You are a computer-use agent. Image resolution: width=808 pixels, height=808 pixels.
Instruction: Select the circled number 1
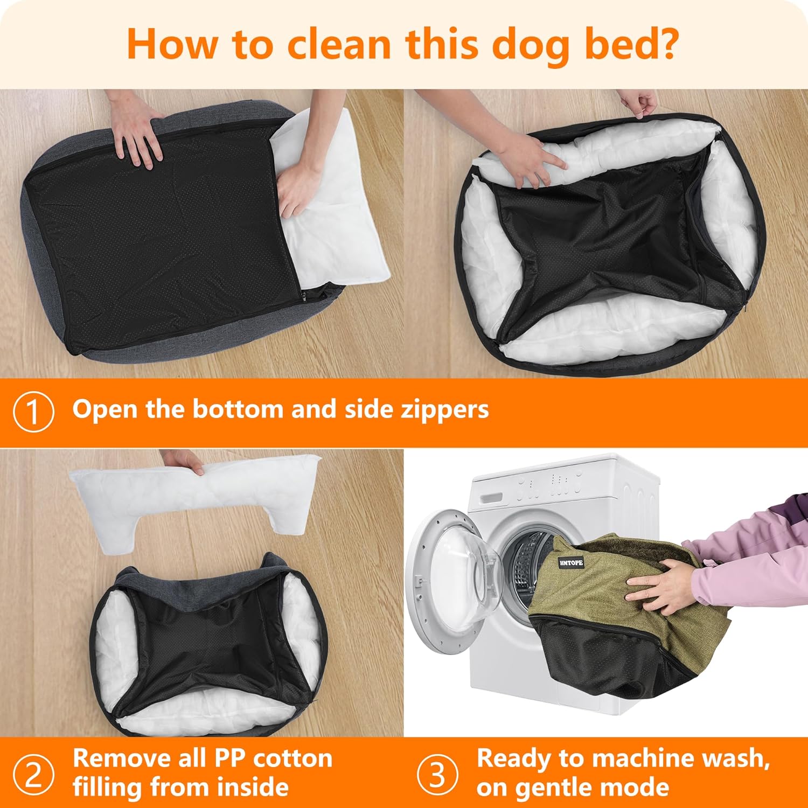pos(33,412)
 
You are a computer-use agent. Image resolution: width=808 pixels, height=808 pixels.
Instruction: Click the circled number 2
pos(33,775)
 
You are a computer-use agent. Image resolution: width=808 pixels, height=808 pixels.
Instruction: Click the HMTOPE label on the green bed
pos(571,563)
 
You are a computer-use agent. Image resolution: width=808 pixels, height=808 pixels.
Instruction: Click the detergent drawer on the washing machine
pos(491,498)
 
